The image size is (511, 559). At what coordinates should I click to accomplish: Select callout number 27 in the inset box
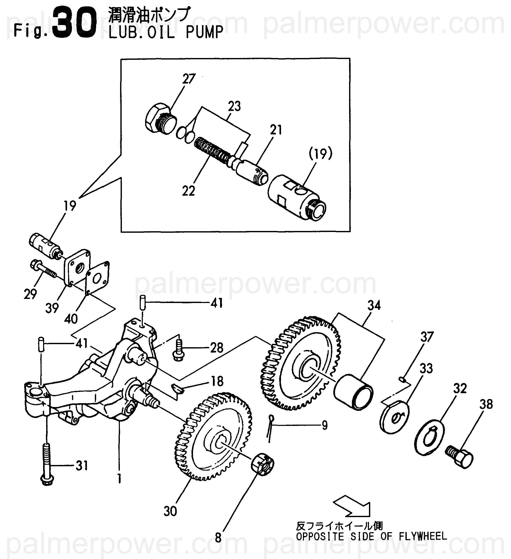pos(189,79)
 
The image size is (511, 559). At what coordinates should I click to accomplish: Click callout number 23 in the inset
pos(234,106)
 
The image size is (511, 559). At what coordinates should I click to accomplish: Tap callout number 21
pos(276,130)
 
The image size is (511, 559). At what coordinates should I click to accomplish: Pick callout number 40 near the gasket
pos(71,319)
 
